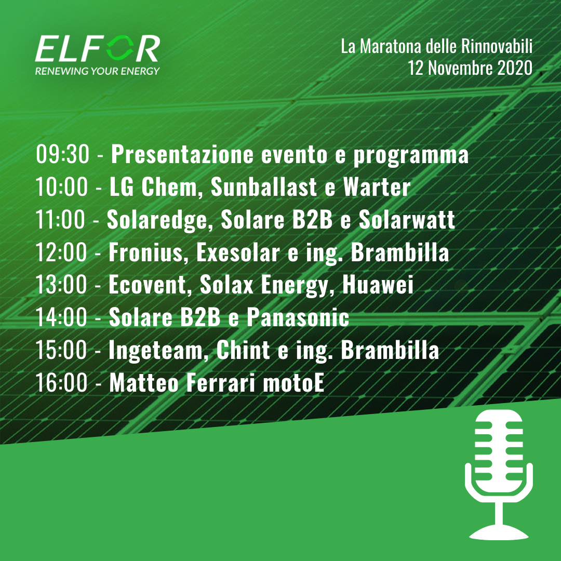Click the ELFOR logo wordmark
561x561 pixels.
97,48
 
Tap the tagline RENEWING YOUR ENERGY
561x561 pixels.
97,71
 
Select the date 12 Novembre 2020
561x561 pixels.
470,68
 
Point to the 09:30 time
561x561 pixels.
62,154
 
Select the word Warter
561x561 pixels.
377,187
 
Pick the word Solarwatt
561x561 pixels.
407,219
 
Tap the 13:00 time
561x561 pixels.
61,285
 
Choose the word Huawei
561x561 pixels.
378,285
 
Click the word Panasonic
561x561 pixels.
298,317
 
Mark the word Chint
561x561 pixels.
243,350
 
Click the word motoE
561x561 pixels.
293,383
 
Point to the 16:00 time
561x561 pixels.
61,383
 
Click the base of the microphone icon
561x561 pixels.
499,533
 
